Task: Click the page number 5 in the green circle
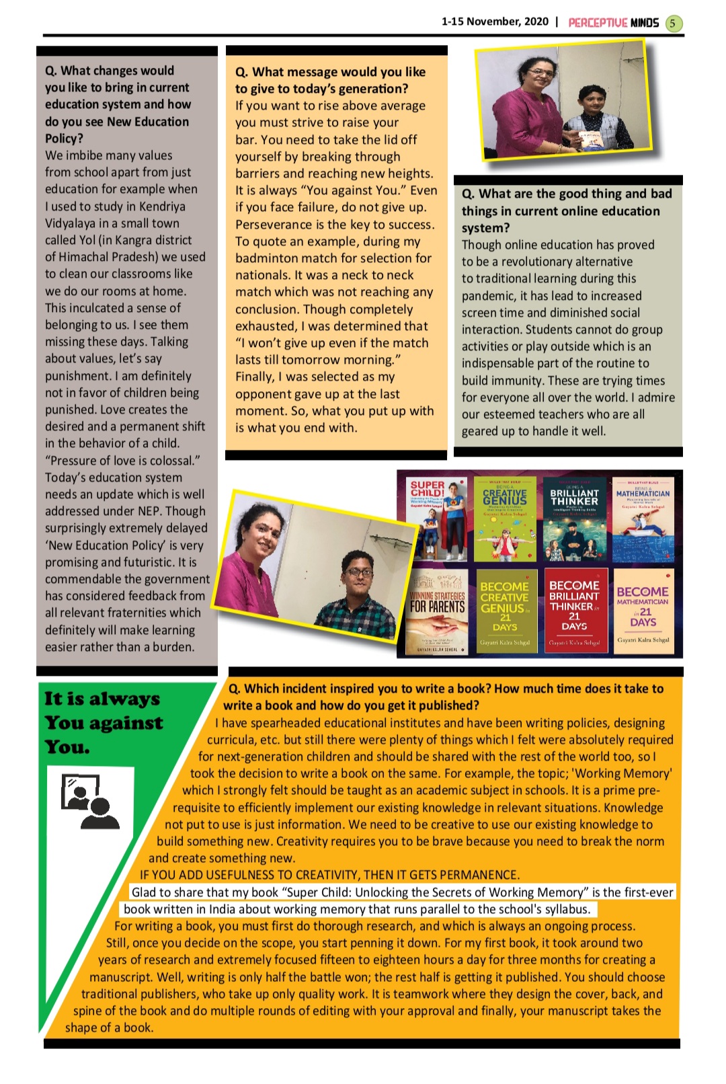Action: [x=673, y=24]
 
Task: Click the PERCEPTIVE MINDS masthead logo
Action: [x=613, y=23]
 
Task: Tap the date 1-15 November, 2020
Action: [x=495, y=22]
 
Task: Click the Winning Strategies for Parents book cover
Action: [x=438, y=611]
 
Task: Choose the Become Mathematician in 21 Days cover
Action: [x=643, y=611]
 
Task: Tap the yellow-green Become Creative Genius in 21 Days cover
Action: [x=505, y=611]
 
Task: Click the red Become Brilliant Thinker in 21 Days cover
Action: [x=574, y=611]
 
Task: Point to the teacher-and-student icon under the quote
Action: [x=89, y=802]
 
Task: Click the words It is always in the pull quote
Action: [x=102, y=699]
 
